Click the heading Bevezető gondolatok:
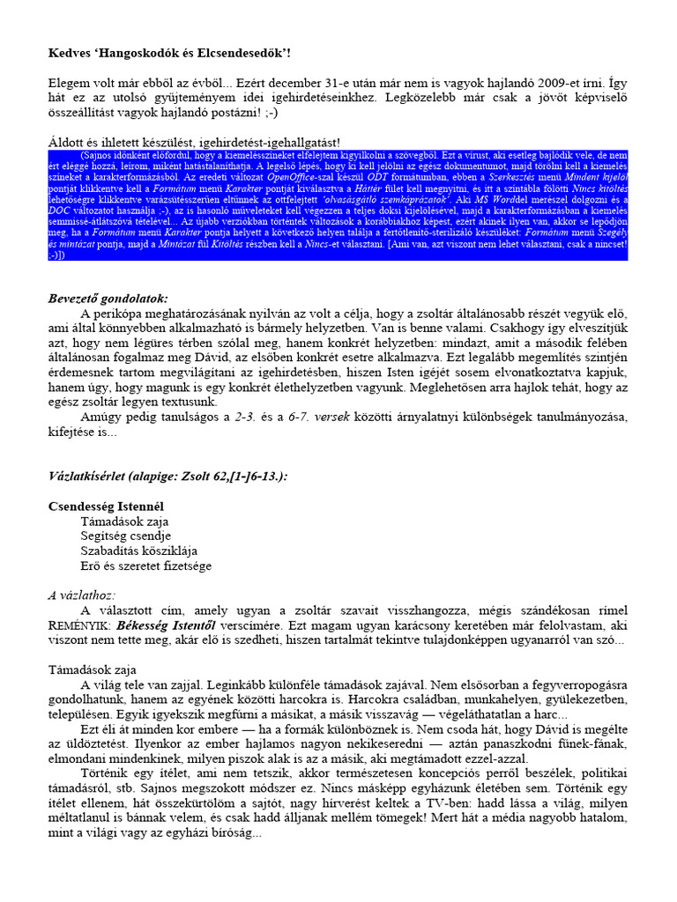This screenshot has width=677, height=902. click(x=108, y=299)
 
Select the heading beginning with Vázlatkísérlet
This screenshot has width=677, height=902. click(x=167, y=477)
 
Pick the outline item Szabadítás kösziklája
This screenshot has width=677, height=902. click(x=137, y=551)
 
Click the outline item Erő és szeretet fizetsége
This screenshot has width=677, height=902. click(x=145, y=566)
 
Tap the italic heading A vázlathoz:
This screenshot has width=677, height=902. click(x=82, y=595)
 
